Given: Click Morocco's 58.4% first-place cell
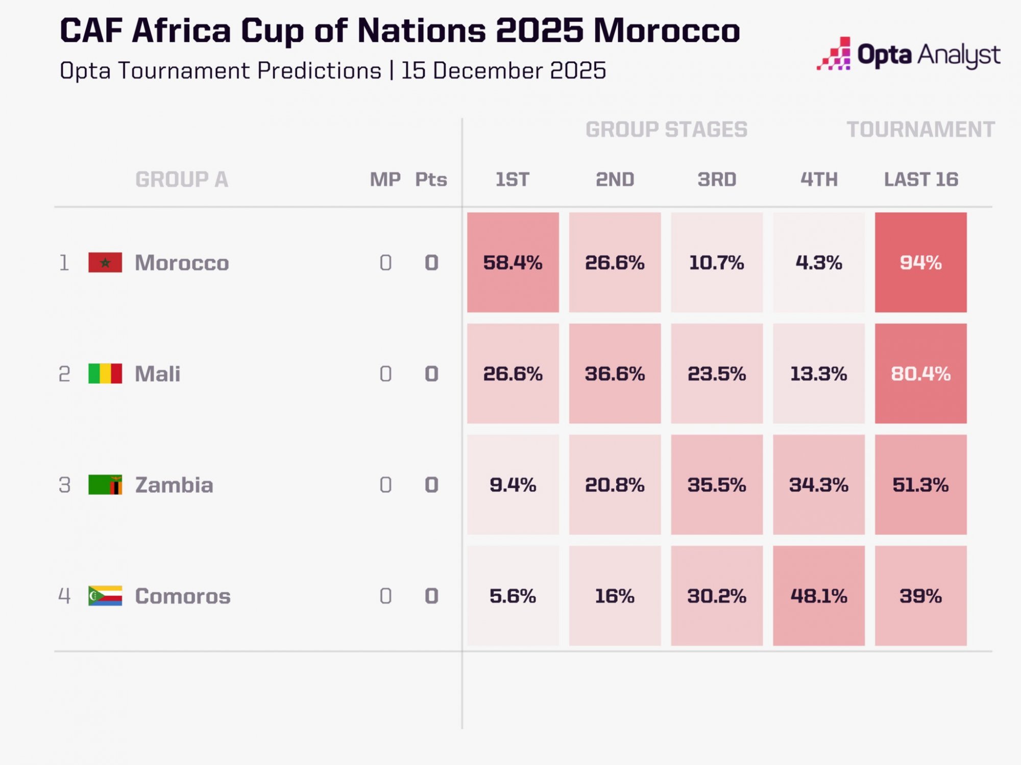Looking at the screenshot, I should (x=513, y=262).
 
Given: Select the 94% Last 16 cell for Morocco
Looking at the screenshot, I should (x=920, y=262).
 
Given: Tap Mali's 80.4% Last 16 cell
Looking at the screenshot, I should (x=920, y=373).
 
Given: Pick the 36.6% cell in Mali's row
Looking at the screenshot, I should (x=615, y=373).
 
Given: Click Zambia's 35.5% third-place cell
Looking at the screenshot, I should (x=717, y=484).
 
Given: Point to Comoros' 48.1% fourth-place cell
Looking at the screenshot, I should (x=819, y=596).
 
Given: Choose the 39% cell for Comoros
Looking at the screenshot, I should (x=920, y=596).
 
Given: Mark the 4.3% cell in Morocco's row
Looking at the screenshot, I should (x=819, y=262).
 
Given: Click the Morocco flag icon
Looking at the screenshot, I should (x=105, y=262).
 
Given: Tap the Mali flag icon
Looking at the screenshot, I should (x=105, y=373).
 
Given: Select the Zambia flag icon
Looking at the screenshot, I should (x=105, y=484).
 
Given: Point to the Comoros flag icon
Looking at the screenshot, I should (x=105, y=596).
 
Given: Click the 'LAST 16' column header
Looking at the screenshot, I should (x=921, y=180).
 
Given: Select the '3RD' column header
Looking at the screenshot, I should (x=717, y=180).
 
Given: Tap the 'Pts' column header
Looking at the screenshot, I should (x=431, y=180).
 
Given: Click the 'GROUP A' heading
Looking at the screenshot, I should (x=182, y=180).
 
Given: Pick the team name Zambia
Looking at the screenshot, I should (x=174, y=484).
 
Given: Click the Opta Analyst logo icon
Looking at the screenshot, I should (x=834, y=54).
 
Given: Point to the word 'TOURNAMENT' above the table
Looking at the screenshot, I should (x=920, y=130).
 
